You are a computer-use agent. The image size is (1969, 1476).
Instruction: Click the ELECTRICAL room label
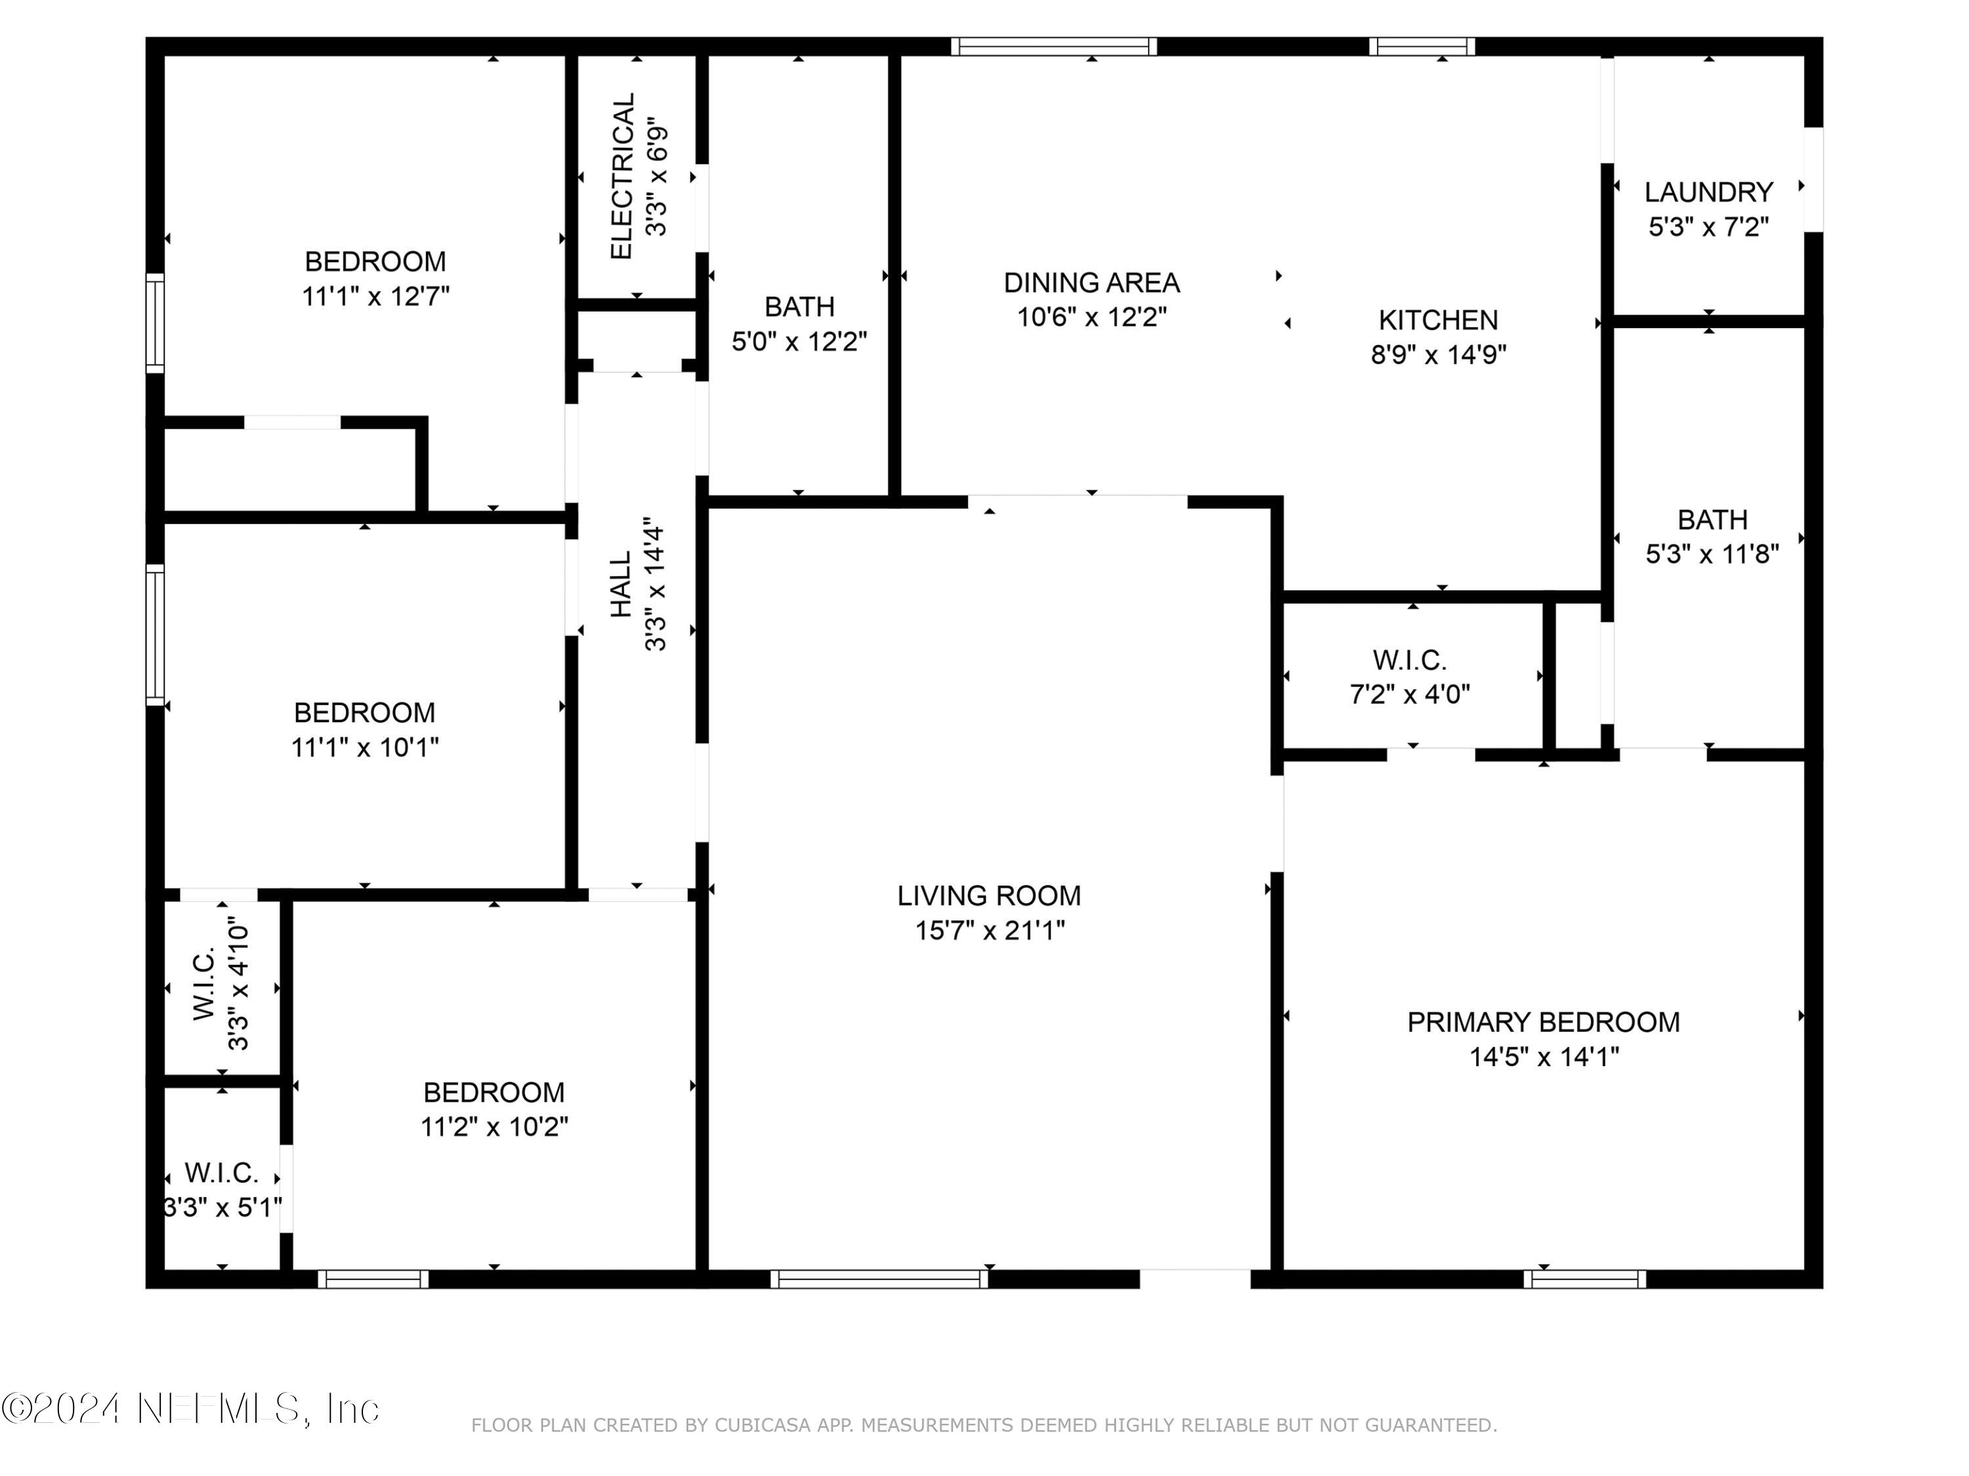(x=622, y=176)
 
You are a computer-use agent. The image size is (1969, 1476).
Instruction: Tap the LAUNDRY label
(x=1708, y=192)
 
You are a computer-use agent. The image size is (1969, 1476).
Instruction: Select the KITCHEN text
(x=1439, y=320)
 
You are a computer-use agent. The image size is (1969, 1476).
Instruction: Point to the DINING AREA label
(x=1091, y=283)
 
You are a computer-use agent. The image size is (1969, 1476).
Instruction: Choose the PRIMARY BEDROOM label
(x=1544, y=1022)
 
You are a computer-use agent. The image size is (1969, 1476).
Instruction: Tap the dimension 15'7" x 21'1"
(x=990, y=931)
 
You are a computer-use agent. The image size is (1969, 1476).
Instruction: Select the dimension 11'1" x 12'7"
(x=375, y=297)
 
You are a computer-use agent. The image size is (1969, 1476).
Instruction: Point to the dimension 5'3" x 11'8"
(x=1712, y=554)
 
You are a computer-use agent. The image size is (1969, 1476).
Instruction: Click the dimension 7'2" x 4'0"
(x=1410, y=694)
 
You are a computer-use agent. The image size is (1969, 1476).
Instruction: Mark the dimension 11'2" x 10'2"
(x=494, y=1127)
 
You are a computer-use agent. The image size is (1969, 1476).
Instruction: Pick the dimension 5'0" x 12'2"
(x=799, y=342)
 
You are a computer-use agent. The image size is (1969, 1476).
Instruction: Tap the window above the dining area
(x=1054, y=47)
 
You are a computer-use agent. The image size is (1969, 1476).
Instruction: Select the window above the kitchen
(x=1422, y=47)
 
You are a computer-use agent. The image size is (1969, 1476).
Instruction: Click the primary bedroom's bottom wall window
(x=1584, y=1279)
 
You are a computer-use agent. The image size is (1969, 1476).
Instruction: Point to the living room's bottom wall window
(x=879, y=1279)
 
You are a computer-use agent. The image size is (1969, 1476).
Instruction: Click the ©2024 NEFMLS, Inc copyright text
(x=190, y=1408)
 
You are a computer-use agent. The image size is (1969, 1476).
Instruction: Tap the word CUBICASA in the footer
(x=763, y=1425)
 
